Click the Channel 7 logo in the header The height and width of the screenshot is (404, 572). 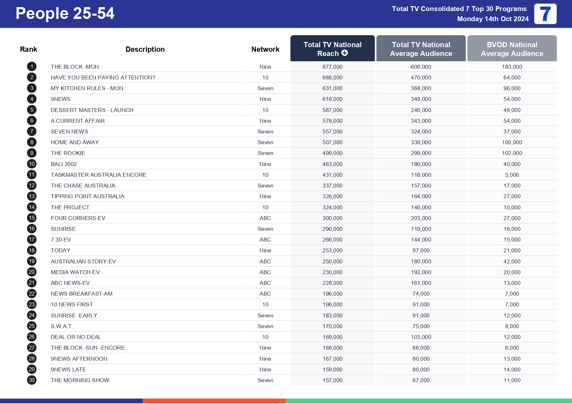545,14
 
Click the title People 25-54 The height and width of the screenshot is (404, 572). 65,14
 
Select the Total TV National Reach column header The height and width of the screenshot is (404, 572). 332,49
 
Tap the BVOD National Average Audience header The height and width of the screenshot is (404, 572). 512,49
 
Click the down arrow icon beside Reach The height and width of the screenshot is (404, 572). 345,53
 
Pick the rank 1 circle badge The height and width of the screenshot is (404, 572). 32,67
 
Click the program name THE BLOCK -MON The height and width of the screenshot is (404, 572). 75,67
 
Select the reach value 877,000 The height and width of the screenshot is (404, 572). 332,67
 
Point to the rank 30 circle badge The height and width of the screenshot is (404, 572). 32,380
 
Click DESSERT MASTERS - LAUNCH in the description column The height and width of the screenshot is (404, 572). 92,110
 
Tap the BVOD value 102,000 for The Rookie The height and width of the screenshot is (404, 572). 512,153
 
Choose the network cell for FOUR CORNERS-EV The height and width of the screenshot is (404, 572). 265,218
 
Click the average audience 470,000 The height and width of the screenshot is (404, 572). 421,77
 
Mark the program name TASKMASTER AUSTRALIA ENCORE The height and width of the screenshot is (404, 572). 98,175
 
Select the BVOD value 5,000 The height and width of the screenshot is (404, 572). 512,175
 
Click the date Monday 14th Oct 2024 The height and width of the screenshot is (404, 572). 493,19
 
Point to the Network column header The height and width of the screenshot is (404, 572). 265,49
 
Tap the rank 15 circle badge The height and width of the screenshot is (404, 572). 32,218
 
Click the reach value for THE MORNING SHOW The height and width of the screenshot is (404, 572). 332,380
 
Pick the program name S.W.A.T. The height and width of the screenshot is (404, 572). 62,326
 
